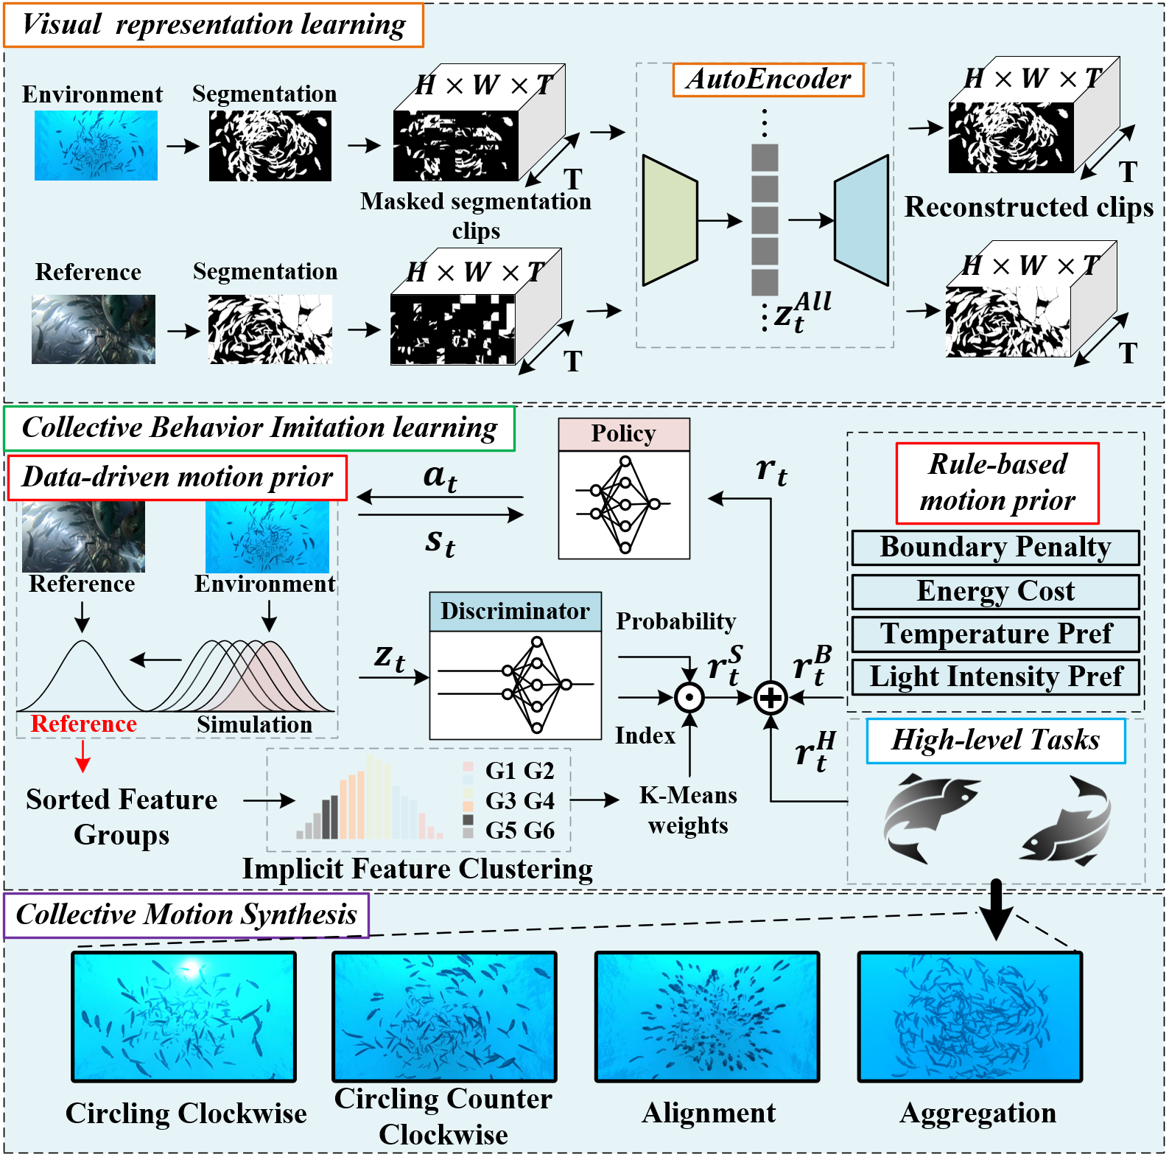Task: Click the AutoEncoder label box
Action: [768, 80]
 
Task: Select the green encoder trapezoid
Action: [670, 220]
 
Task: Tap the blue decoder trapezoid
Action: [861, 220]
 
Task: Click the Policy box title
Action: [623, 434]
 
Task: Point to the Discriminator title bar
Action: [515, 611]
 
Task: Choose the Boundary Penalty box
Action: [995, 548]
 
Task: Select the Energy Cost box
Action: [995, 591]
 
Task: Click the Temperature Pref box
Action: [995, 634]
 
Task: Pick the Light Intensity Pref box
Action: [995, 677]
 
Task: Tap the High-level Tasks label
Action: [995, 741]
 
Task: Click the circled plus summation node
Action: [770, 697]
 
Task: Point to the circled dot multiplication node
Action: [689, 697]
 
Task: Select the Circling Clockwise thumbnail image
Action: [183, 1016]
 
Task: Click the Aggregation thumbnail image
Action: [969, 1016]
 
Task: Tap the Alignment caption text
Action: [709, 1113]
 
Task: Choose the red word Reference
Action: [83, 724]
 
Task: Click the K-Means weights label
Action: [688, 810]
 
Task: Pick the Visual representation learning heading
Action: [214, 25]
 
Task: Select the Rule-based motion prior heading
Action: [997, 483]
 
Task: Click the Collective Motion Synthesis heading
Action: [186, 915]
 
